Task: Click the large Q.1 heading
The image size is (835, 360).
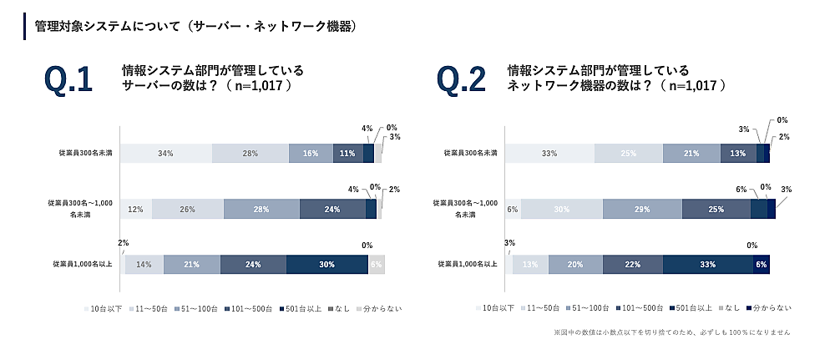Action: pyautogui.click(x=68, y=80)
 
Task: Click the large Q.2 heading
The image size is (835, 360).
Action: pyautogui.click(x=461, y=80)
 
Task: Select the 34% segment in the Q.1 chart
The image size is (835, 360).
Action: pyautogui.click(x=165, y=154)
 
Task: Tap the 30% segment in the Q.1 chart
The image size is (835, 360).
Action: pyautogui.click(x=326, y=265)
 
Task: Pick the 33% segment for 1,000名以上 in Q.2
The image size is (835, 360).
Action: pyautogui.click(x=707, y=265)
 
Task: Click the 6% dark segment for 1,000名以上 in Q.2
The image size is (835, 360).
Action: pyautogui.click(x=761, y=265)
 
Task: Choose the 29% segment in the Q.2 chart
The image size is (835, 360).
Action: pyautogui.click(x=641, y=209)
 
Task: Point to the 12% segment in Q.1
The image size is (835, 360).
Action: pyautogui.click(x=136, y=209)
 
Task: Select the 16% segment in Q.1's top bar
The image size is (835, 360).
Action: pyautogui.click(x=311, y=154)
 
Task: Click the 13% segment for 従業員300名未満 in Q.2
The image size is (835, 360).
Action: pyautogui.click(x=738, y=154)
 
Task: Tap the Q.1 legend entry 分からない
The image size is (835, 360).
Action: pyautogui.click(x=382, y=308)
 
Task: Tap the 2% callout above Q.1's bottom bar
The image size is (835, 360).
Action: pyautogui.click(x=123, y=243)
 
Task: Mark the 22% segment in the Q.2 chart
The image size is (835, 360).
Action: pyautogui.click(x=631, y=265)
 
